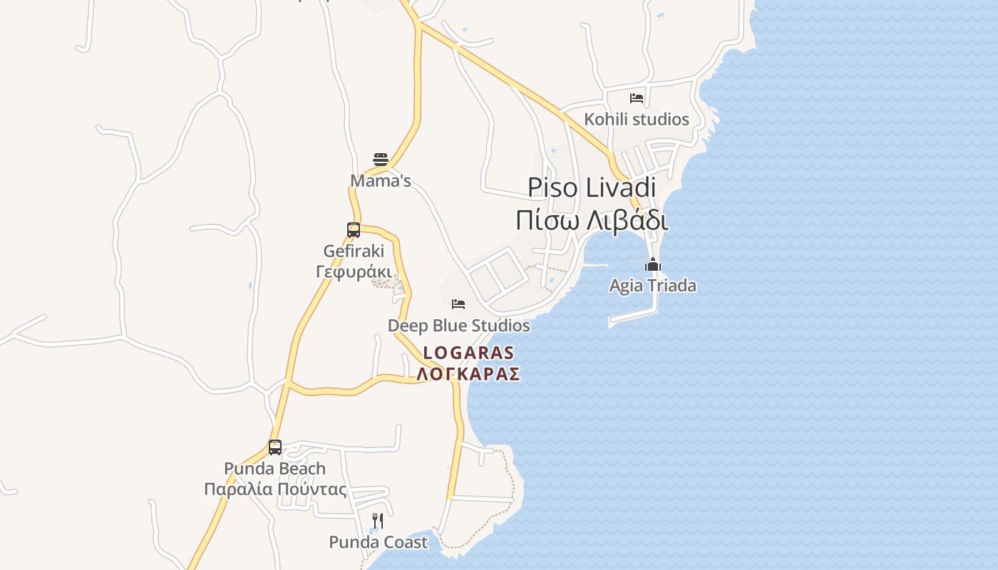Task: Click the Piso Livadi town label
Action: click(x=592, y=187)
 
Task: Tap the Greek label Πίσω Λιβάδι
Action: click(x=592, y=220)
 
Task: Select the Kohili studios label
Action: click(x=637, y=119)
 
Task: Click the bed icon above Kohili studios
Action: click(x=637, y=98)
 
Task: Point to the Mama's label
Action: click(x=381, y=181)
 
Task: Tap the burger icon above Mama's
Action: click(x=381, y=159)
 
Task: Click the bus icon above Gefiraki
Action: click(x=354, y=230)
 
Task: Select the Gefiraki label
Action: click(x=354, y=251)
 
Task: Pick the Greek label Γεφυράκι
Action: click(x=354, y=271)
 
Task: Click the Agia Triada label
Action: click(x=652, y=286)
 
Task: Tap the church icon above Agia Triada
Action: click(x=652, y=265)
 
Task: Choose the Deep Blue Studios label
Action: click(x=458, y=326)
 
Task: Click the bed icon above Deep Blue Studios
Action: click(x=458, y=304)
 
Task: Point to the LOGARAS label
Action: click(x=468, y=353)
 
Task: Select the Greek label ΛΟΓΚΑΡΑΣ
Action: click(x=468, y=374)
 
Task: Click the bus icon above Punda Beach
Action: click(x=275, y=447)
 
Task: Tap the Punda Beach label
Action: click(x=275, y=469)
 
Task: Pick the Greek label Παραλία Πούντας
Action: click(x=275, y=489)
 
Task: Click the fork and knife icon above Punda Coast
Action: click(x=378, y=521)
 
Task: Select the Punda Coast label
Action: click(x=378, y=542)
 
